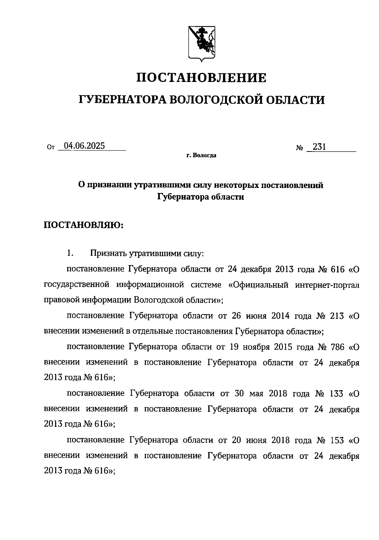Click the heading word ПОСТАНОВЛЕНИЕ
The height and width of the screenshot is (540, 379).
(x=201, y=78)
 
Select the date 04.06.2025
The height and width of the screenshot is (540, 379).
(x=84, y=146)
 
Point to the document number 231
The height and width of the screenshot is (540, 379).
(x=319, y=147)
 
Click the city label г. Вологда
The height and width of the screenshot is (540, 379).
(x=201, y=156)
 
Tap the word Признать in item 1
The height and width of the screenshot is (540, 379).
(x=108, y=253)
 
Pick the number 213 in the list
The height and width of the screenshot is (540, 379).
(x=335, y=316)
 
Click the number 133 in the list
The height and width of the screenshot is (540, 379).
(x=335, y=394)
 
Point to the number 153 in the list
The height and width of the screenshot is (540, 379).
(x=335, y=440)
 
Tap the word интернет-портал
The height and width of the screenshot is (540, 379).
(x=327, y=285)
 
